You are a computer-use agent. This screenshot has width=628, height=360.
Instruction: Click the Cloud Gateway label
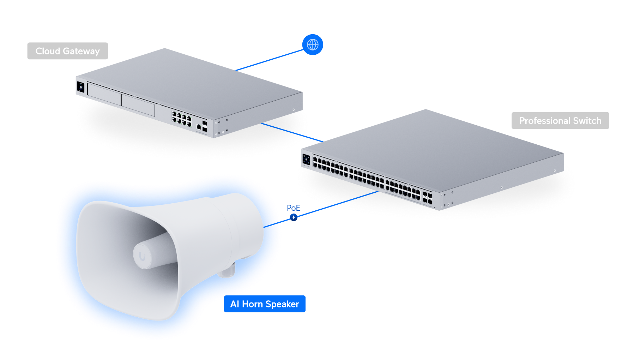click(68, 51)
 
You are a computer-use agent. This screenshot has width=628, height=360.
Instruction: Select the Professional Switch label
click(560, 121)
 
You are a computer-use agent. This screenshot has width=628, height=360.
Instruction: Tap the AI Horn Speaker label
click(265, 304)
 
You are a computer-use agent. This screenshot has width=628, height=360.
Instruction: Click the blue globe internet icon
click(313, 45)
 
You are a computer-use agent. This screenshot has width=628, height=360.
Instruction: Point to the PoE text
click(294, 208)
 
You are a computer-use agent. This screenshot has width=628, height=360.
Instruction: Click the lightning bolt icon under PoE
click(294, 217)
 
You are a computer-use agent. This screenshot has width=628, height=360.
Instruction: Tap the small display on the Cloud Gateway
click(81, 87)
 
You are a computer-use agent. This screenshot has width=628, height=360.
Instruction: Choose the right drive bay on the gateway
click(138, 104)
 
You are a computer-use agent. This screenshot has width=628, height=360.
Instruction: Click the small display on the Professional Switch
click(306, 160)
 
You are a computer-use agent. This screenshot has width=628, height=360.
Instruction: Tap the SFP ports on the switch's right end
click(427, 198)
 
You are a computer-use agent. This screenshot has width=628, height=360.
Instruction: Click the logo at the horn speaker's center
click(142, 256)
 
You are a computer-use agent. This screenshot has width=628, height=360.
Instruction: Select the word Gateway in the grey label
click(81, 51)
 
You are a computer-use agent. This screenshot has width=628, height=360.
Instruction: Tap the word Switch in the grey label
click(587, 121)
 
